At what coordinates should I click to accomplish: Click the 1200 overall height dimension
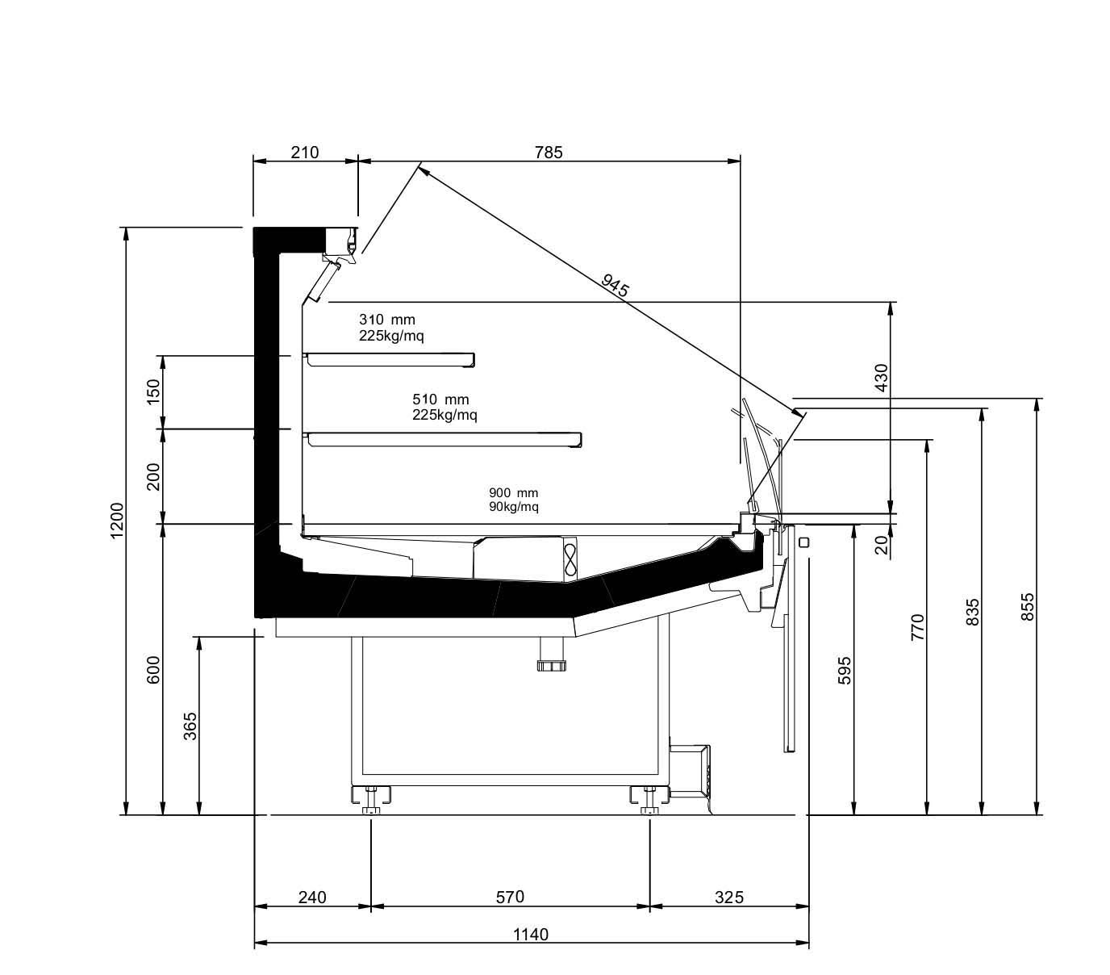tap(118, 520)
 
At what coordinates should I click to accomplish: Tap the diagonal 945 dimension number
tap(615, 285)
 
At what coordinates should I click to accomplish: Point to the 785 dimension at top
tap(549, 152)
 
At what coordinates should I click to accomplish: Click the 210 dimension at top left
tap(304, 152)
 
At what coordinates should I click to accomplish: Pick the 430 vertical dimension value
tap(881, 377)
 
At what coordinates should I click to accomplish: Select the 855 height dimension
tap(1027, 606)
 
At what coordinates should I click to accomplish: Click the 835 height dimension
tap(972, 612)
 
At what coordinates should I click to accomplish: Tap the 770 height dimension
tap(917, 627)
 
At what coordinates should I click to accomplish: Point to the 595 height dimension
tap(845, 670)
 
